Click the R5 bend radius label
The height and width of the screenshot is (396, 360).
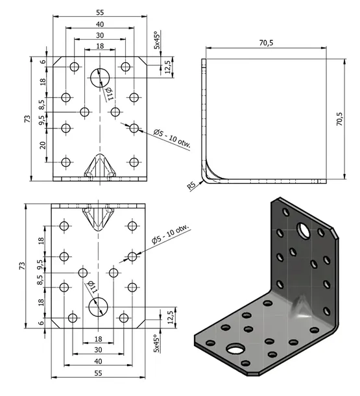(x=191, y=186)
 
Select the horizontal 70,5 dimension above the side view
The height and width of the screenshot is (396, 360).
(x=266, y=43)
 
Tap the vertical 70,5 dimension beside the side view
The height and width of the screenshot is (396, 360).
(x=340, y=119)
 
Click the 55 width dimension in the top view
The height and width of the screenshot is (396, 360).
(x=100, y=12)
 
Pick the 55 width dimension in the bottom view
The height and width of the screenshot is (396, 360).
(x=99, y=373)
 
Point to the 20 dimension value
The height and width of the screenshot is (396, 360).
(x=43, y=145)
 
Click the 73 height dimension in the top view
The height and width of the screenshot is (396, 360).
(x=27, y=119)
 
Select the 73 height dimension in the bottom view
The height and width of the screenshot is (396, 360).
(x=22, y=266)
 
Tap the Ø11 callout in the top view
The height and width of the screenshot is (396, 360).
(x=109, y=93)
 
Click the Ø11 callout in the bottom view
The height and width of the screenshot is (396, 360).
(x=92, y=287)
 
